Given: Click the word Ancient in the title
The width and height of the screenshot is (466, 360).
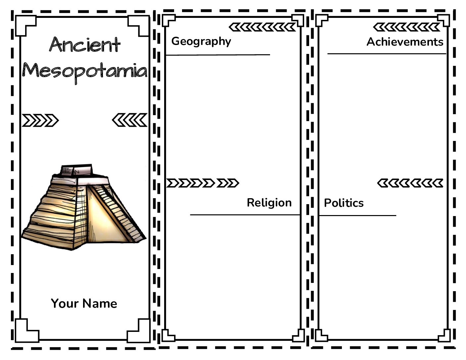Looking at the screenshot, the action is click(x=85, y=45).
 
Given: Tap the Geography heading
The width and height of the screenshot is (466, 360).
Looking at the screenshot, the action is click(x=201, y=42).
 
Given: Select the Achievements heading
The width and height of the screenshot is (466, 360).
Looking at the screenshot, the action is click(x=405, y=42).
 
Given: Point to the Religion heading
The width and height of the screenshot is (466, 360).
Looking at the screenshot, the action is click(x=269, y=203).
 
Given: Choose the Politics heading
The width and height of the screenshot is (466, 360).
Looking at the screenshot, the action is click(x=344, y=203).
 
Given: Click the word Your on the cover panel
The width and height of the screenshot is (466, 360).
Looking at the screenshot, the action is click(x=65, y=303).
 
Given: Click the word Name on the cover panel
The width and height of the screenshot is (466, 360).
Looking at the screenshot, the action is click(x=100, y=303).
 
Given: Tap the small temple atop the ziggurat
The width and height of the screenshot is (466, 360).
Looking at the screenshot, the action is click(x=76, y=170).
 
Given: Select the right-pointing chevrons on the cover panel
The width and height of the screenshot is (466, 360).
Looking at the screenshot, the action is click(x=40, y=120).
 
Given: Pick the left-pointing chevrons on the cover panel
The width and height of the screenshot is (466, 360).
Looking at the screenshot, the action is click(x=130, y=120).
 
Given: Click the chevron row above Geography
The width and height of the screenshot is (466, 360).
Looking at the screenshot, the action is click(x=262, y=27).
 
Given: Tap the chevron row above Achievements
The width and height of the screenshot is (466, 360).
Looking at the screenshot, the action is click(x=407, y=27).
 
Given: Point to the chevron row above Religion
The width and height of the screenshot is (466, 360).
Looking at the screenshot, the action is click(x=203, y=183).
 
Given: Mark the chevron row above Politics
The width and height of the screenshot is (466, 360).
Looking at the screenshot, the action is click(x=410, y=183).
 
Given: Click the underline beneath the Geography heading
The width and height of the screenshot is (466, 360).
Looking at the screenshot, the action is click(x=218, y=55).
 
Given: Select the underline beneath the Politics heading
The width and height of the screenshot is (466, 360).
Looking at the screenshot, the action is click(x=358, y=215).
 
